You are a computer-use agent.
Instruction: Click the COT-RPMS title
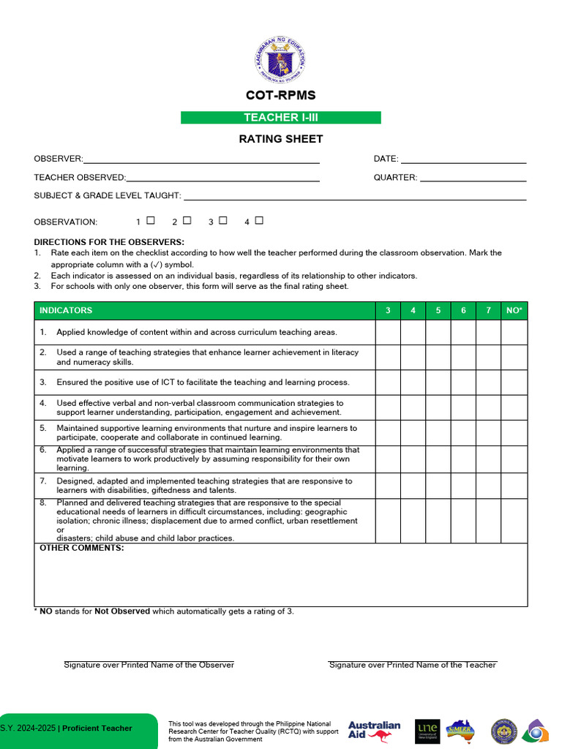point(281,95)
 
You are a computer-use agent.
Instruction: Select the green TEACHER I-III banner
point(281,118)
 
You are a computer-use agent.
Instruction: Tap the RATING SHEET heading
point(281,139)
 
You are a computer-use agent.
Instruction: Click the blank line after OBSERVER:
point(201,159)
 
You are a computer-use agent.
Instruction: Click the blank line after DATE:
point(463,159)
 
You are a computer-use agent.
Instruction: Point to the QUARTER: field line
point(473,177)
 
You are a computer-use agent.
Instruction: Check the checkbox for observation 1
point(151,220)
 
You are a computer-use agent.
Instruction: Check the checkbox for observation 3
point(223,220)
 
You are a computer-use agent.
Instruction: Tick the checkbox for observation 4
point(259,220)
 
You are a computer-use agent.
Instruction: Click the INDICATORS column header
point(66,311)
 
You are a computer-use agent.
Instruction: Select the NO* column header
point(514,311)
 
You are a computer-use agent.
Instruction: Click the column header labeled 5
point(438,311)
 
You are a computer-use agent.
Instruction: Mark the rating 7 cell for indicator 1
point(488,332)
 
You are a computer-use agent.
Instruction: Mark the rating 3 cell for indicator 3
point(388,383)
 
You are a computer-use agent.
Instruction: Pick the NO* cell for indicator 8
point(514,521)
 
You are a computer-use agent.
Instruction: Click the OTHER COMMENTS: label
point(82,548)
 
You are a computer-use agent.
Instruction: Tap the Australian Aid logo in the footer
point(374,731)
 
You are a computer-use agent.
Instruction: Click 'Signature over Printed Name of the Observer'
point(149,665)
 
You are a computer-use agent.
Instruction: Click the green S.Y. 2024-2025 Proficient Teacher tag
point(77,729)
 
